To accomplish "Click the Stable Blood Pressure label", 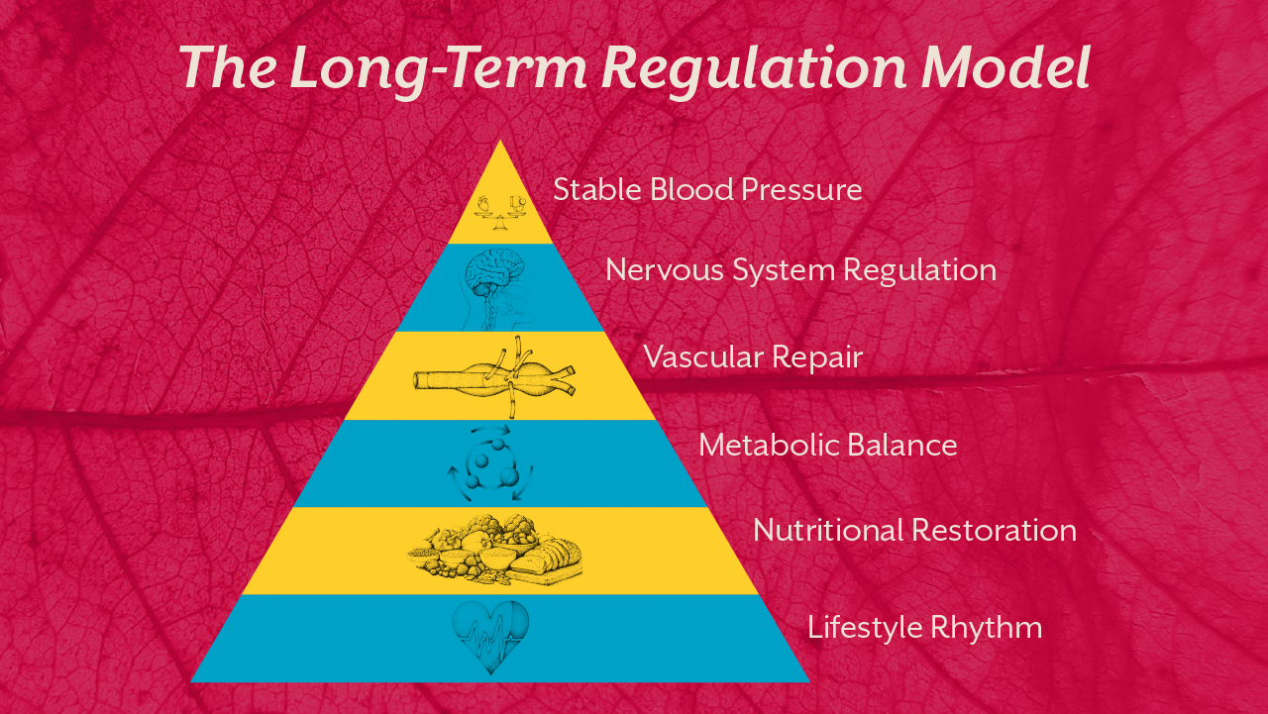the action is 707,189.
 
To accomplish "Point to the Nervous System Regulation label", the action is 800,269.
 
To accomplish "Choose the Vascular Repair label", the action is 753,357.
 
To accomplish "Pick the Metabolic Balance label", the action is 827,445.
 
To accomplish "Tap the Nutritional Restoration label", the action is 914,530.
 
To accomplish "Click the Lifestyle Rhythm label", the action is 924,628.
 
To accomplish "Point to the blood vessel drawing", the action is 495,377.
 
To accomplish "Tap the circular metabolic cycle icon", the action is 491,464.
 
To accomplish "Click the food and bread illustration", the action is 495,551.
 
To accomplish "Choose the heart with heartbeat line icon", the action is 490,637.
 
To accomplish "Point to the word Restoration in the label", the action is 995,530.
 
